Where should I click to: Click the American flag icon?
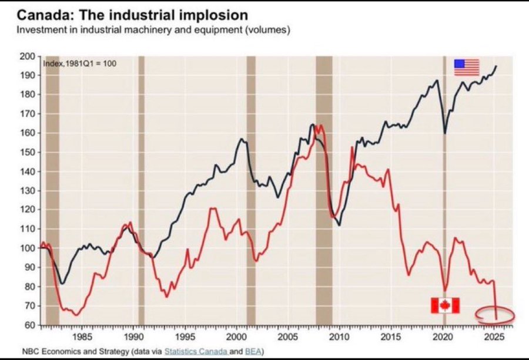467,68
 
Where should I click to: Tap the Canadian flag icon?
445,305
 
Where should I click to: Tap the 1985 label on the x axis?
82,337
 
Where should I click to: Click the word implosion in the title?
213,15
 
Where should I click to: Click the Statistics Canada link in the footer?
196,352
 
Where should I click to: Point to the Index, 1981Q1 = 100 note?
80,63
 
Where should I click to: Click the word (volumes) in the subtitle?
267,30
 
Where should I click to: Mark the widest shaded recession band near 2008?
324,190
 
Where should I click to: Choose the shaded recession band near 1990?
141,190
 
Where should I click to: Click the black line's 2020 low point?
445,134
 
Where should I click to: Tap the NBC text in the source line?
30,352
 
